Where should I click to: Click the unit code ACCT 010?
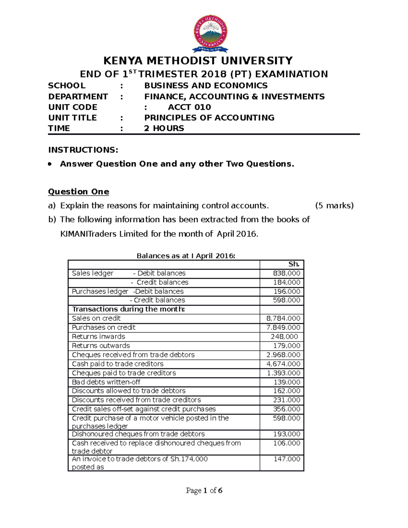click(x=189, y=107)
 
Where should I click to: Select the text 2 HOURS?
click(x=164, y=128)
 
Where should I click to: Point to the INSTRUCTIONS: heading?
click(x=83, y=150)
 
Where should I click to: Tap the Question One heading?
click(x=79, y=192)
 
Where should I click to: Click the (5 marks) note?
click(x=334, y=206)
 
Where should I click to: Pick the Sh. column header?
click(x=294, y=264)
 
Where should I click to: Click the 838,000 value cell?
click(x=287, y=273)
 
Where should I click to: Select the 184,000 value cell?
click(x=287, y=282)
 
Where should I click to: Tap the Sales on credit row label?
click(x=96, y=318)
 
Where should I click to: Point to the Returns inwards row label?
click(x=99, y=337)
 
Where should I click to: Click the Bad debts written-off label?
click(x=106, y=382)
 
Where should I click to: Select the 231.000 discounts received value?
click(x=287, y=400)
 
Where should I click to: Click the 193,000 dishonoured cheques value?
click(x=287, y=434)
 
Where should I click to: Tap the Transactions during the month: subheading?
click(x=129, y=309)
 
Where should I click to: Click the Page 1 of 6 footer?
click(x=204, y=490)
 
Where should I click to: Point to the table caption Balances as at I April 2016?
click(x=186, y=256)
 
